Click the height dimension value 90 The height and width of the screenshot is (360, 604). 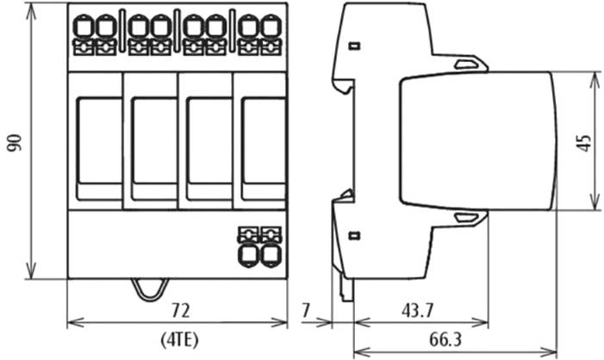click(x=14, y=142)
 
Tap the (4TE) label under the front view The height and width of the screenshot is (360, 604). click(x=178, y=338)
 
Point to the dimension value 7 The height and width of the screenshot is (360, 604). click(x=308, y=309)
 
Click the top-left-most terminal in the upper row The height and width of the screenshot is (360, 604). click(x=84, y=28)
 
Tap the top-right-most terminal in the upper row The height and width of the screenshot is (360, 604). click(x=271, y=28)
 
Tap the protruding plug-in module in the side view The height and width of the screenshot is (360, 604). click(x=478, y=141)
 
